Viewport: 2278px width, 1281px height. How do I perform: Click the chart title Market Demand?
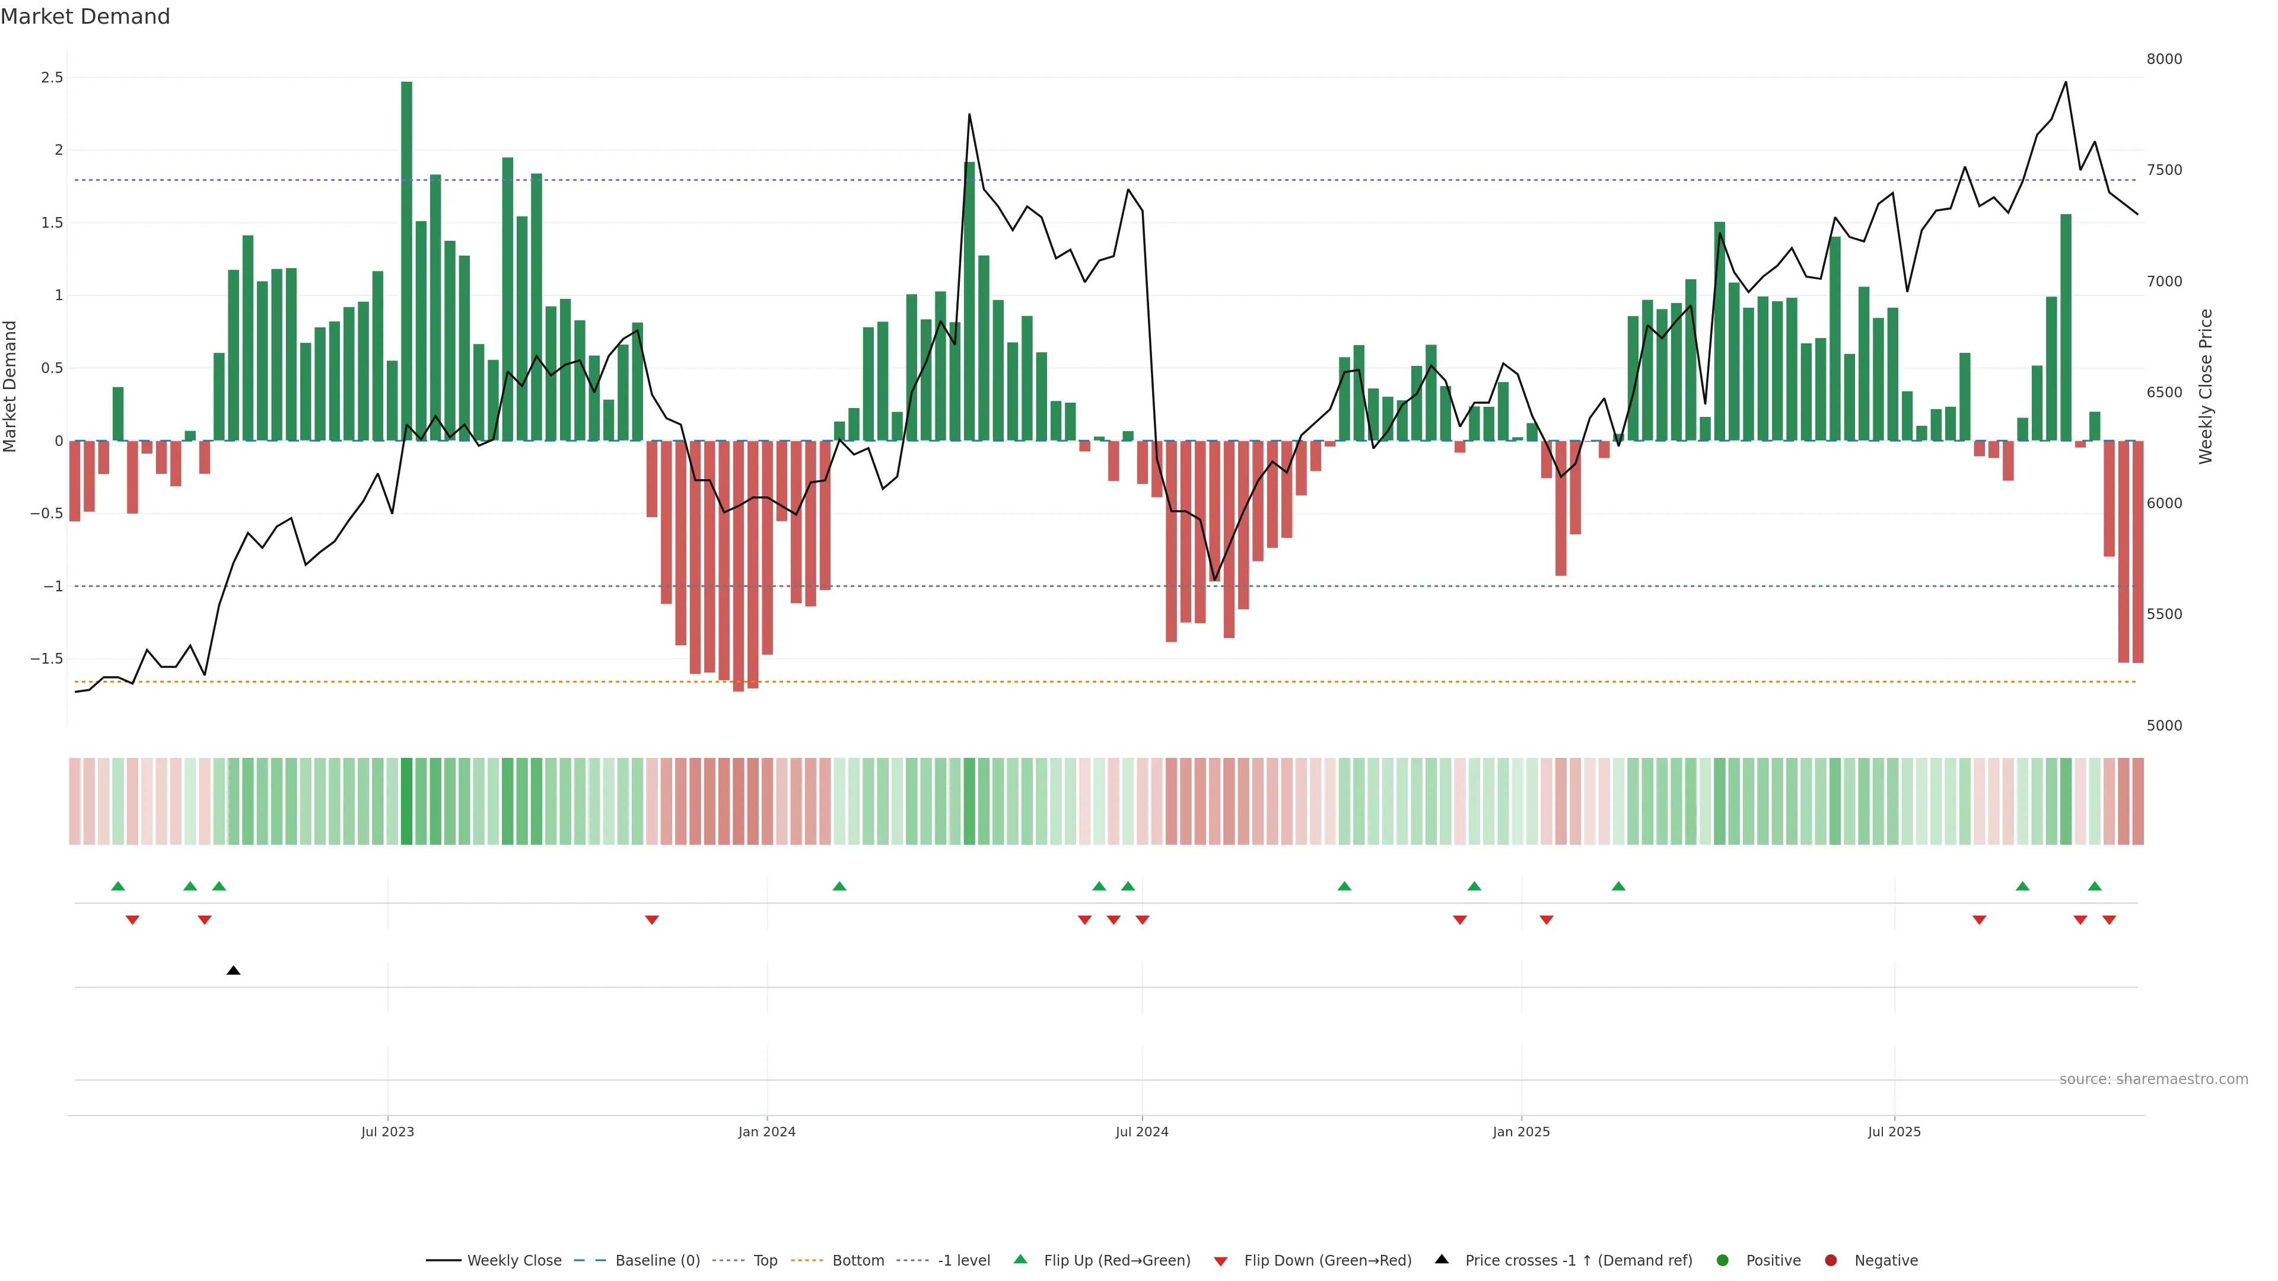pyautogui.click(x=85, y=17)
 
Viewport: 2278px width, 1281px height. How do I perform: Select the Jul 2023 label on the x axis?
pyautogui.click(x=387, y=1132)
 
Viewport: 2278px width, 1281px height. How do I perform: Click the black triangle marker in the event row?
pyautogui.click(x=234, y=971)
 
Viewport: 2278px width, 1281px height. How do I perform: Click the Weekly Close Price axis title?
pyautogui.click(x=2206, y=386)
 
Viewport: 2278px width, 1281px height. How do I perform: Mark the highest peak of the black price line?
pyautogui.click(x=2065, y=82)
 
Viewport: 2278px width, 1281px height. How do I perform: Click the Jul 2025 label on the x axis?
pyautogui.click(x=1894, y=1132)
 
